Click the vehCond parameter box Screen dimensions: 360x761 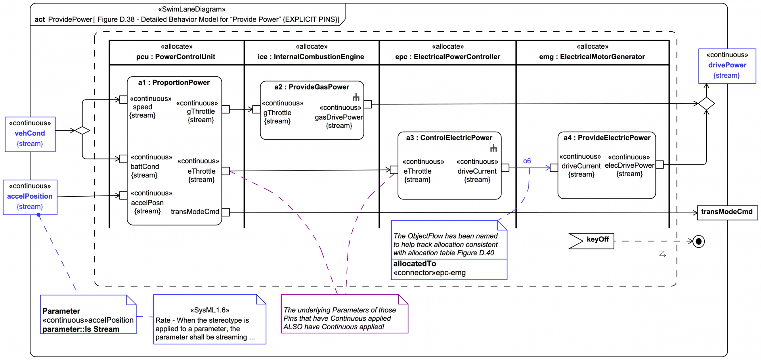point(30,134)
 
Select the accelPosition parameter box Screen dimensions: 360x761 point(30,197)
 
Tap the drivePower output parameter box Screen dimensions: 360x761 point(727,65)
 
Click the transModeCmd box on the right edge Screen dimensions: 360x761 point(727,212)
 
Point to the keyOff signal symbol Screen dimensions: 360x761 point(591,240)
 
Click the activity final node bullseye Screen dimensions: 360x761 point(699,241)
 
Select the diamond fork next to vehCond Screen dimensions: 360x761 point(82,130)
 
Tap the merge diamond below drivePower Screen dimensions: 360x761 point(706,104)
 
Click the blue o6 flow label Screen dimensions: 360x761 point(527,161)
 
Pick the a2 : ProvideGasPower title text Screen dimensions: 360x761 point(312,87)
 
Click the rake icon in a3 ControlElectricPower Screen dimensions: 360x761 point(493,148)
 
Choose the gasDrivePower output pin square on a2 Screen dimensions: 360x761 point(368,104)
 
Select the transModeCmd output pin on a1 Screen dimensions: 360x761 point(226,212)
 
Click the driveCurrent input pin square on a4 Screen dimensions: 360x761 point(554,168)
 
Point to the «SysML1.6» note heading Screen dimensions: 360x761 point(210,310)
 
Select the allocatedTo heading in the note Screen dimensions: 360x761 point(415,264)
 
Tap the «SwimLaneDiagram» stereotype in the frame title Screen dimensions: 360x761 point(192,9)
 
